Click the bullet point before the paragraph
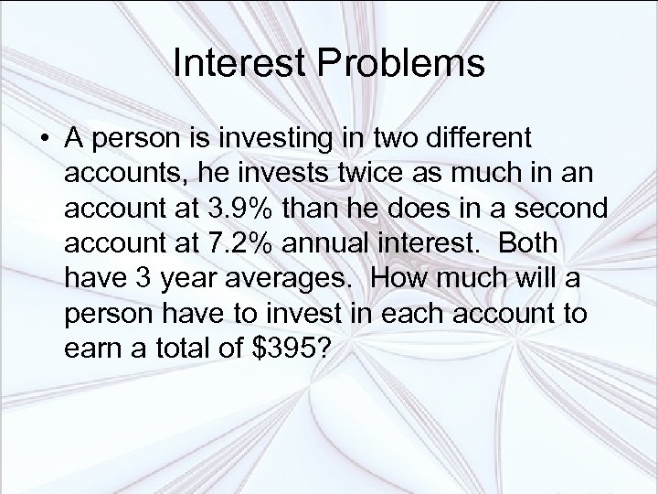point(43,141)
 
